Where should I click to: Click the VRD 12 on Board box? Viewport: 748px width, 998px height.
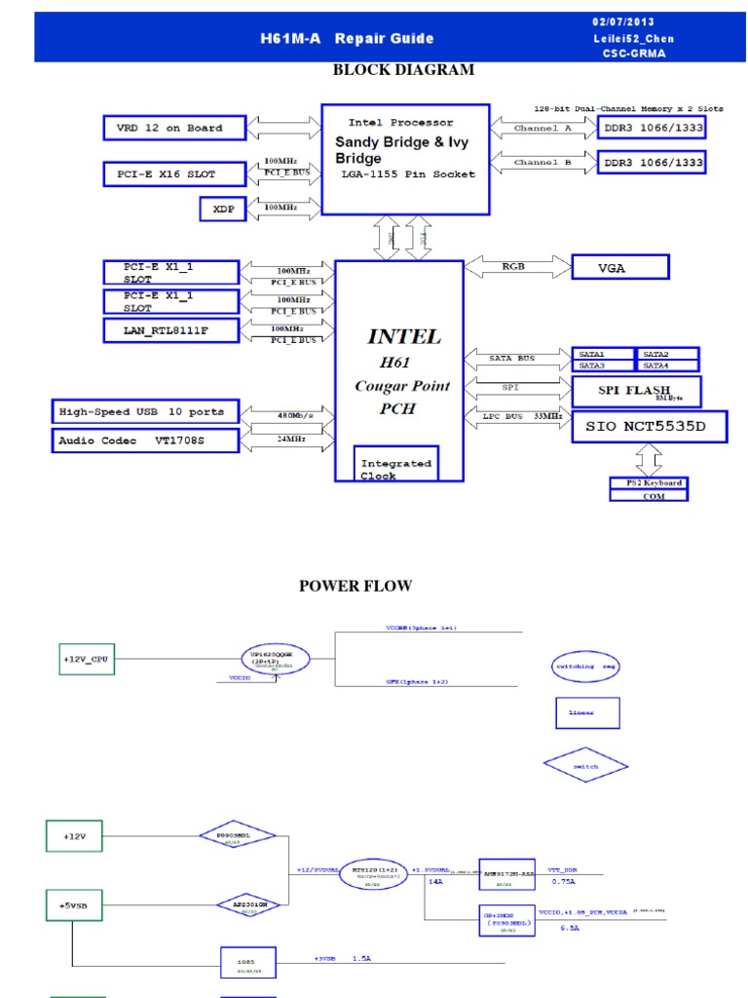coord(163,128)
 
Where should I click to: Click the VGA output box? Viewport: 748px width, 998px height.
coord(619,266)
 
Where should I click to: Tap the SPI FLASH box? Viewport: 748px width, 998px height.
coord(635,392)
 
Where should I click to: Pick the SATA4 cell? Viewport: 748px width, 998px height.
coord(667,365)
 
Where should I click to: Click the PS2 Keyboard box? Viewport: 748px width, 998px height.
coord(648,483)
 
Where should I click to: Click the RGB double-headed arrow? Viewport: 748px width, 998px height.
coord(518,265)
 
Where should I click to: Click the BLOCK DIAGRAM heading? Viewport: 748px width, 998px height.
coord(403,70)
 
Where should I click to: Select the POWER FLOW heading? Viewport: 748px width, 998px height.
coord(355,586)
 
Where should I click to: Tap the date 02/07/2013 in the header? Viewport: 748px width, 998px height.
coord(623,22)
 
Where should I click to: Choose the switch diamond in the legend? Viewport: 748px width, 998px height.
coord(586,766)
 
